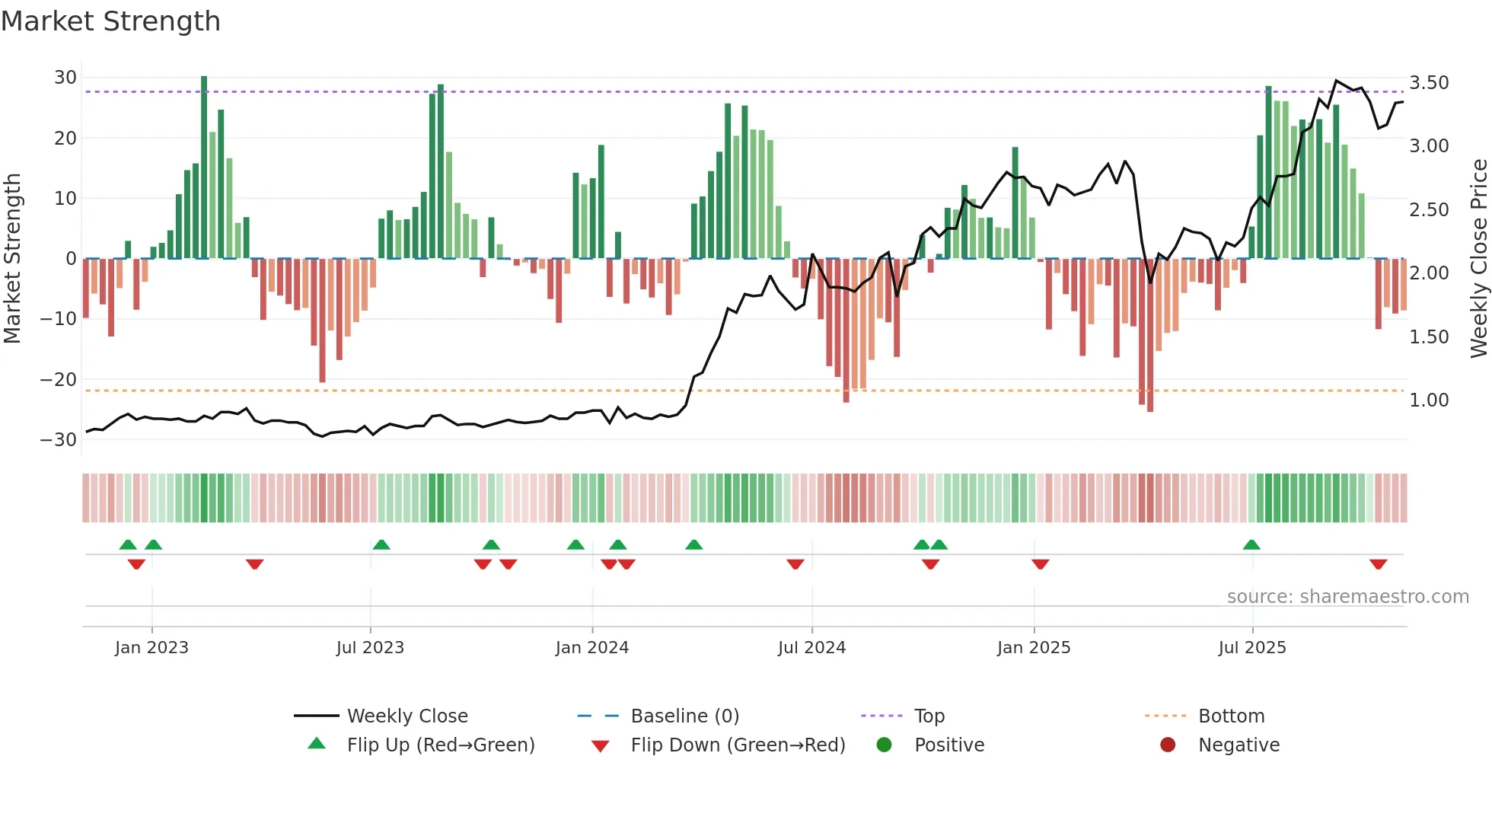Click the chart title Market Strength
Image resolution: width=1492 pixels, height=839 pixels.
[110, 21]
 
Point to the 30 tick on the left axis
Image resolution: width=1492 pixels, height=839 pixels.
[65, 78]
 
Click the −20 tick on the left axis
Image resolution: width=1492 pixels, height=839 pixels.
[59, 379]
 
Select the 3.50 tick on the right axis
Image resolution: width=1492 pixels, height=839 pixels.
[1429, 83]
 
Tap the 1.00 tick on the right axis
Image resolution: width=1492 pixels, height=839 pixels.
[1429, 400]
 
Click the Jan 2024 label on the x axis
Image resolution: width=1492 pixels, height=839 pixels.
[592, 648]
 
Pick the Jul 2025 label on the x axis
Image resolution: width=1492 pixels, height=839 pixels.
[1252, 648]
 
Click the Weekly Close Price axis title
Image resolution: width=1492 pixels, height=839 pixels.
[1478, 259]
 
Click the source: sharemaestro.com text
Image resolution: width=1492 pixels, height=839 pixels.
[1347, 597]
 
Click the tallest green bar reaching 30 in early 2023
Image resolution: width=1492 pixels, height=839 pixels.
[204, 167]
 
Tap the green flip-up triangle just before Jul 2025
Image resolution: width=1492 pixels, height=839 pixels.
[1251, 545]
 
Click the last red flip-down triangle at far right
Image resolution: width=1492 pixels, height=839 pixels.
[1378, 564]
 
